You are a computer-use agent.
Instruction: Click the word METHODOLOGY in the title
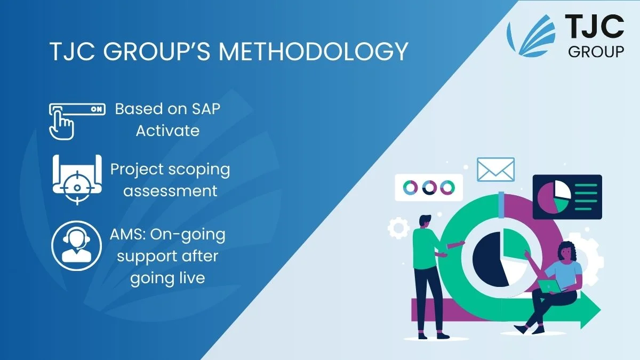pos(314,52)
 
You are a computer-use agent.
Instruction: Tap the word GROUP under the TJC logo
pos(596,52)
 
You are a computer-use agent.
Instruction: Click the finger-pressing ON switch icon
pos(77,122)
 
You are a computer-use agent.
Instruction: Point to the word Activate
pos(167,131)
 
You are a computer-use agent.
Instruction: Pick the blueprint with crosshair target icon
pos(77,180)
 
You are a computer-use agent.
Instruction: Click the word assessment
pos(170,191)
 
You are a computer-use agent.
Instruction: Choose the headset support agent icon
pos(77,246)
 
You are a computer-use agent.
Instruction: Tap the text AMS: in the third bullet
pos(127,235)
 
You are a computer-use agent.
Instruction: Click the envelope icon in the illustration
pos(495,170)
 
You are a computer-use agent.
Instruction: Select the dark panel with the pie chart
pos(567,197)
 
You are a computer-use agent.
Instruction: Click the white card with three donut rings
pos(429,187)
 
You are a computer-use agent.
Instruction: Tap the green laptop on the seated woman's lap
pos(549,286)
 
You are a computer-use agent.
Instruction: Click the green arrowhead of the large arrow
pos(590,310)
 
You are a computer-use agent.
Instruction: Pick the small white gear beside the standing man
pos(398,228)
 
